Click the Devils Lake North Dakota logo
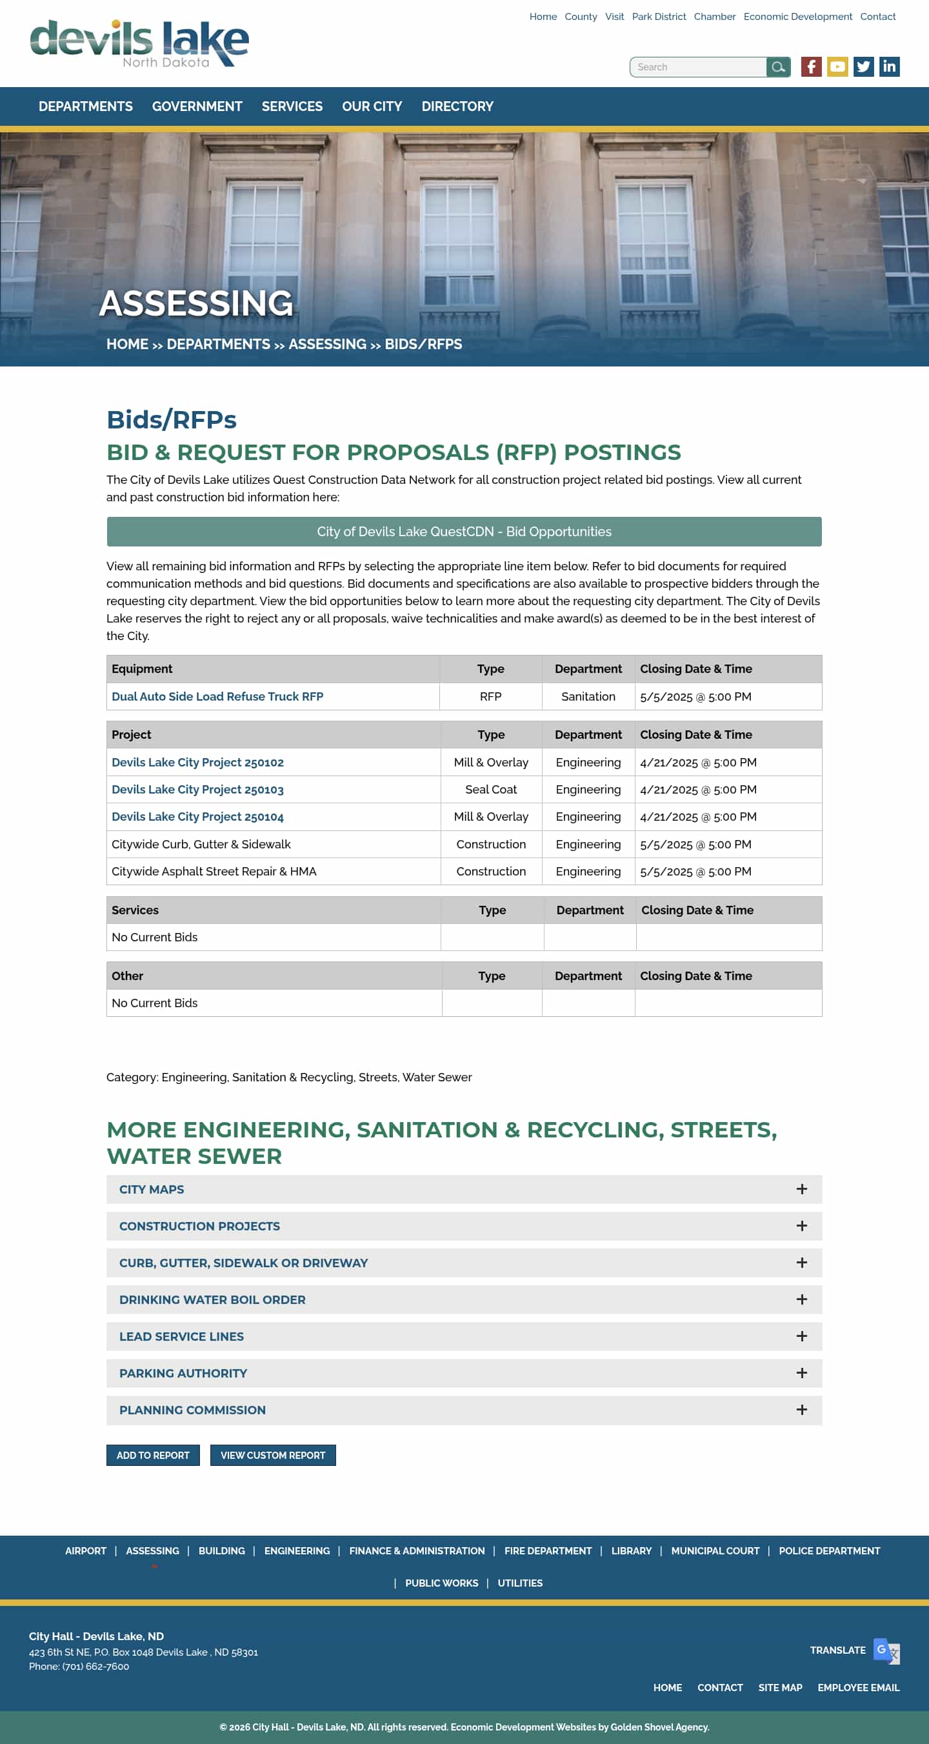coord(139,43)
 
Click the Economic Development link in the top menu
coord(797,17)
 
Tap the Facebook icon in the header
coord(810,67)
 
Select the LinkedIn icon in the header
coord(888,67)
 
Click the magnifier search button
coord(778,67)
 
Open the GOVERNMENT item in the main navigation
coord(197,107)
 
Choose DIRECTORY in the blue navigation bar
coord(457,107)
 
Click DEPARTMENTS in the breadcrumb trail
coord(218,345)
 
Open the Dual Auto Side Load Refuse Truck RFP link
coord(217,697)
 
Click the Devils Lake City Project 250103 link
coord(197,789)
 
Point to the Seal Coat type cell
coord(491,789)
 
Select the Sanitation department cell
coord(588,697)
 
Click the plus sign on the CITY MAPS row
coord(802,1190)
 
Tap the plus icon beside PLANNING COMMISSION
coord(802,1410)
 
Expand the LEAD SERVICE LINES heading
coord(181,1336)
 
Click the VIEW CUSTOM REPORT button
coord(273,1456)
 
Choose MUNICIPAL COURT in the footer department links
coord(715,1551)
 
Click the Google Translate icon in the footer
coord(886,1650)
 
